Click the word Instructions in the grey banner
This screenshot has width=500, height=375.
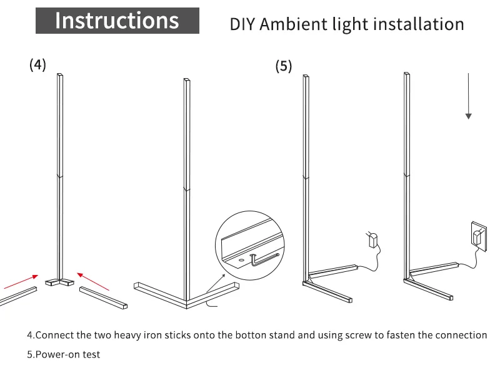117,21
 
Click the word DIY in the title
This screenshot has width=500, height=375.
242,24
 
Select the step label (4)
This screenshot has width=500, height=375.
37,64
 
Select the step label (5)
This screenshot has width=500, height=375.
284,66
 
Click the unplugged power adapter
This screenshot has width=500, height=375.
373,239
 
